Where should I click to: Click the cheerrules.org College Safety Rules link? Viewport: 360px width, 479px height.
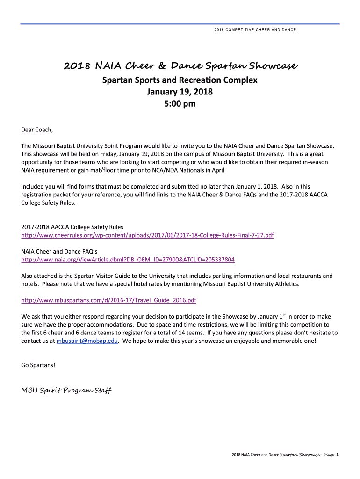pos(147,235)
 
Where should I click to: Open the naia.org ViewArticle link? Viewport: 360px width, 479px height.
pos(128,260)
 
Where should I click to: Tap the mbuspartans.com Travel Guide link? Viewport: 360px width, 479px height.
pos(109,300)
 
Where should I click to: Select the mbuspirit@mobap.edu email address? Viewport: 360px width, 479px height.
pos(87,341)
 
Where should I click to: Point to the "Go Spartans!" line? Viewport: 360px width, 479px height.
pos(38,365)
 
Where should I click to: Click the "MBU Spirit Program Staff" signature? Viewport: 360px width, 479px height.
pos(66,390)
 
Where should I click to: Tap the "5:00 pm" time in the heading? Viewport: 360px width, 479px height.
pos(180,104)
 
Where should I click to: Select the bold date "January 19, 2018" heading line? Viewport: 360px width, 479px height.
pos(180,92)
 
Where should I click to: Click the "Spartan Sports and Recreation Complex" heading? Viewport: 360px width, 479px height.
pos(180,80)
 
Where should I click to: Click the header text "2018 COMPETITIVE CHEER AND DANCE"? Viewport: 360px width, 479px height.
pos(255,30)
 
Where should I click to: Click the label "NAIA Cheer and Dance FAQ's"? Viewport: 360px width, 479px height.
pos(59,251)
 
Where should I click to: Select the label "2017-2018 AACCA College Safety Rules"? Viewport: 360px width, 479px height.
pos(72,227)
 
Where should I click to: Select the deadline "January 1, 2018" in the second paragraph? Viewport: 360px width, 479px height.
pos(256,187)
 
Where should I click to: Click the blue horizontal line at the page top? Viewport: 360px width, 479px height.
pos(180,23)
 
